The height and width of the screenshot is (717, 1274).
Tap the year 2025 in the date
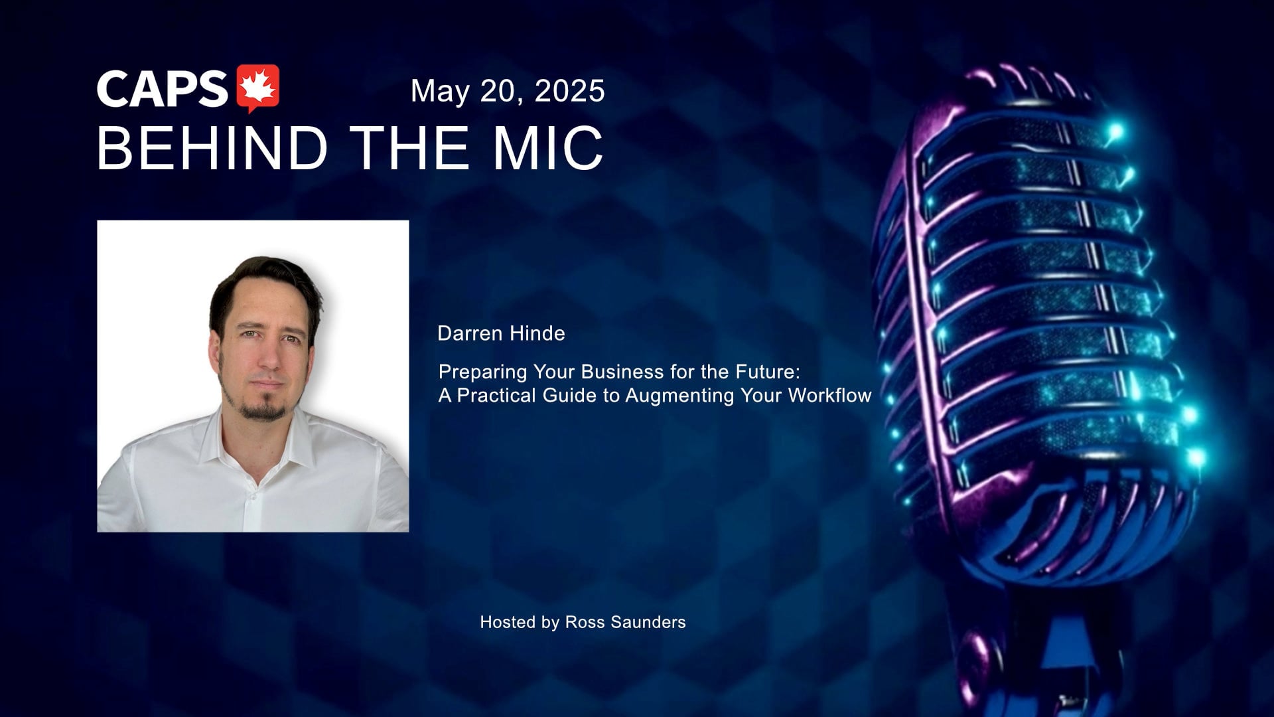[569, 91]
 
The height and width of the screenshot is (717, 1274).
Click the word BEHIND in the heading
[213, 148]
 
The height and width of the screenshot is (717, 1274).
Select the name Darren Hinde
[501, 333]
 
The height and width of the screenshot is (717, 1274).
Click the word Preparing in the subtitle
[482, 372]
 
